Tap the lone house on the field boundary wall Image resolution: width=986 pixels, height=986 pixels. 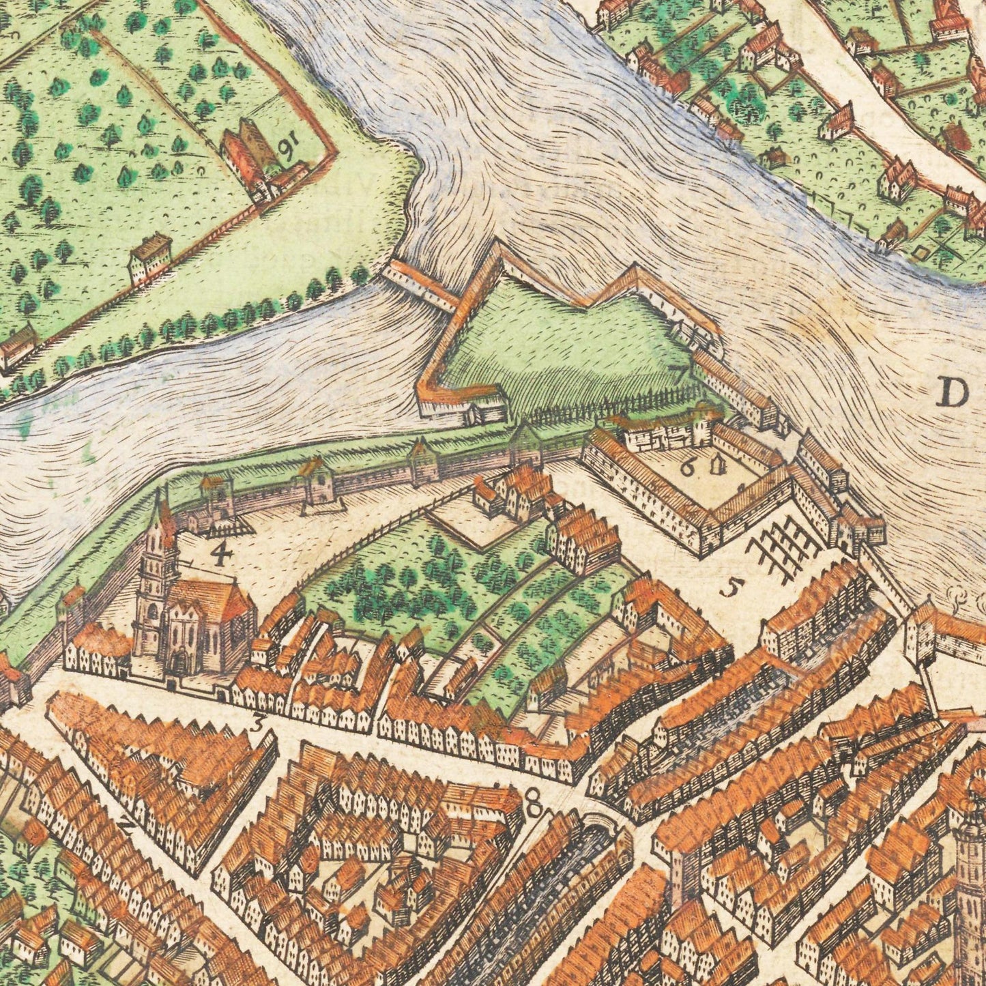coord(149,258)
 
